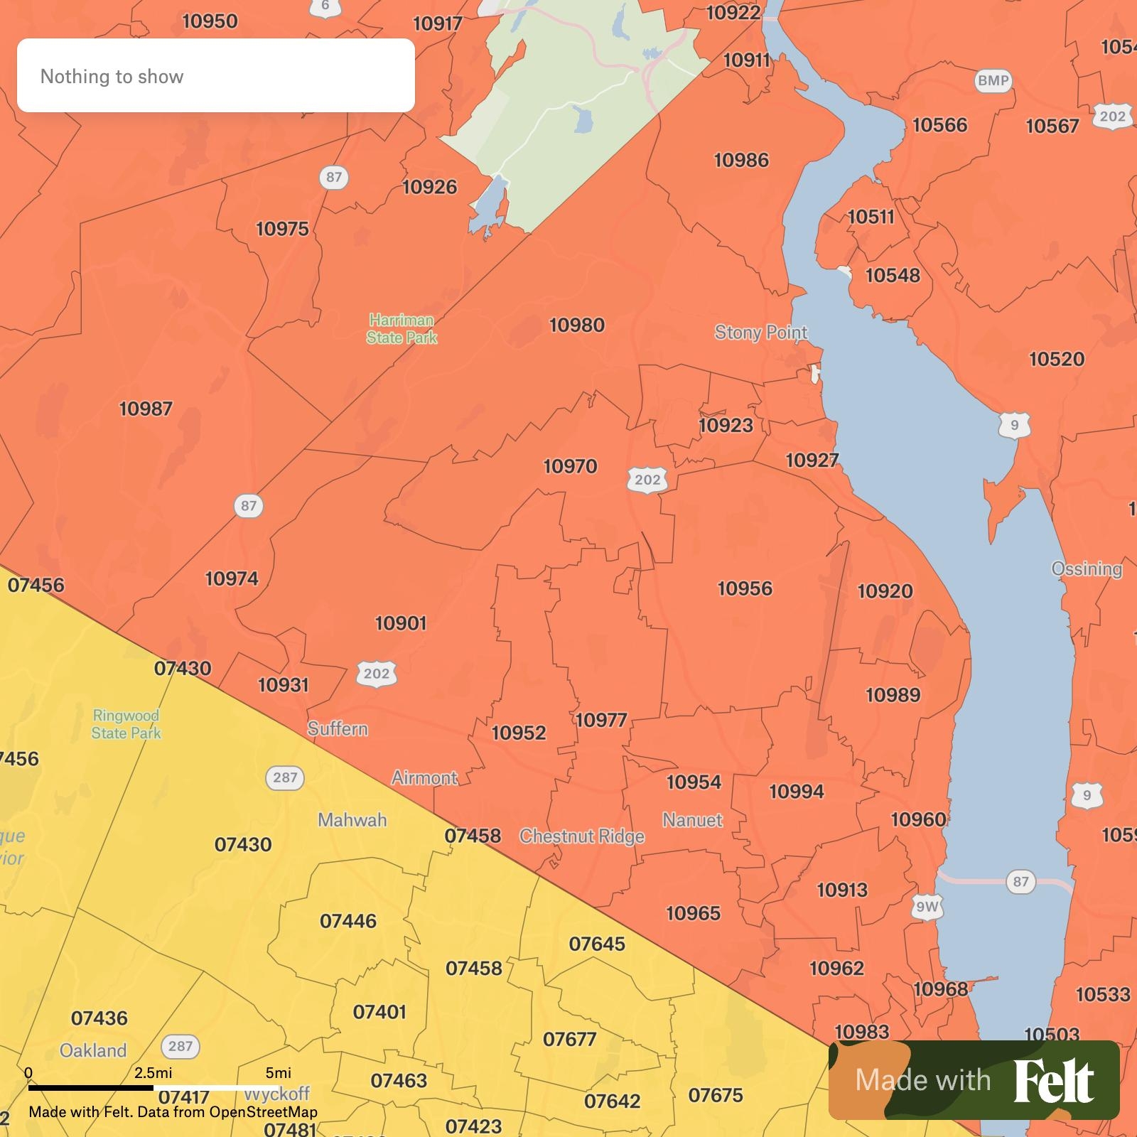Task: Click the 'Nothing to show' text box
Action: point(215,75)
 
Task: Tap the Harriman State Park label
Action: point(402,329)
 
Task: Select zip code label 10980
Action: point(577,325)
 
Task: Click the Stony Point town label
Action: point(760,333)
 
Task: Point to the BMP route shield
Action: point(993,80)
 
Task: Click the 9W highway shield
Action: point(927,907)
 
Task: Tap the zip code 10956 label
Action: point(745,588)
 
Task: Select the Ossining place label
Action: point(1087,568)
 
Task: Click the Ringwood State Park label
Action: point(126,724)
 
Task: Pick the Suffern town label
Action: point(338,728)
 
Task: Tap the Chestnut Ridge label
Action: point(582,836)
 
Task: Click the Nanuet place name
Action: point(692,820)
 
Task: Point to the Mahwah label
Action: point(352,820)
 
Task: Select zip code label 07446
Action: point(348,921)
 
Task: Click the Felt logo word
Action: point(1053,1081)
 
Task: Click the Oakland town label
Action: point(93,1050)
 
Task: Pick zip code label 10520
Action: point(1057,359)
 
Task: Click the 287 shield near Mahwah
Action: point(285,777)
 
